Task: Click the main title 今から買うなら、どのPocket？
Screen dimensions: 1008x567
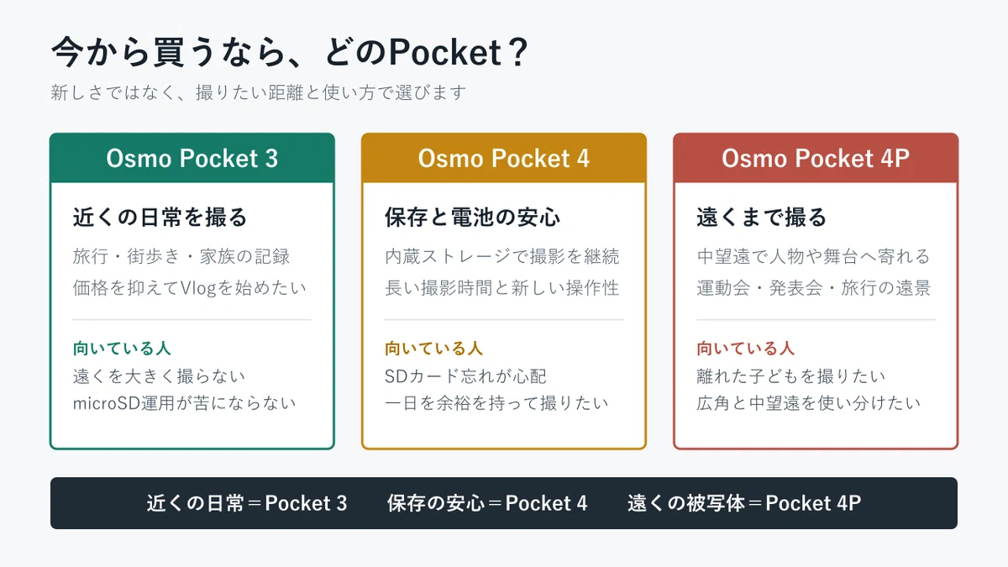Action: click(x=289, y=52)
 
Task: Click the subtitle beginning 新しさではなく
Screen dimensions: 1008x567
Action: click(x=259, y=92)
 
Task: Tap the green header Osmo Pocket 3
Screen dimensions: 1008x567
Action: click(x=192, y=159)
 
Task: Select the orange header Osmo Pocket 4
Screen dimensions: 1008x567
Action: click(x=503, y=159)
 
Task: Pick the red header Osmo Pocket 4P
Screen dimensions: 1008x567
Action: click(x=816, y=159)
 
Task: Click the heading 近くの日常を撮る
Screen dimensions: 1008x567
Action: click(x=160, y=217)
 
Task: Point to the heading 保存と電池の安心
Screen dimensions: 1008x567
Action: click(x=472, y=217)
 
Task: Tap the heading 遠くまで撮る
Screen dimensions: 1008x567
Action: click(x=761, y=217)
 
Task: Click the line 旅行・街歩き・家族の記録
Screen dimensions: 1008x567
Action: click(x=181, y=256)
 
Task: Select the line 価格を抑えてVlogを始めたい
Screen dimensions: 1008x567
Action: click(x=190, y=288)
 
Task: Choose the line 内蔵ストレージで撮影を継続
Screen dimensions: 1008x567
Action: click(x=501, y=256)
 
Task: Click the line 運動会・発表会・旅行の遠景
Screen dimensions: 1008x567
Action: click(x=814, y=288)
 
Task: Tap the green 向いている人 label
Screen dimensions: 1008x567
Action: click(x=122, y=349)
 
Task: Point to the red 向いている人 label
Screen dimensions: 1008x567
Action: click(x=745, y=349)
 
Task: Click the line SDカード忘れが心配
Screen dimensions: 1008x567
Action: click(x=465, y=376)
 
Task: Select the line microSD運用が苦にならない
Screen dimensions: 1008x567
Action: click(x=184, y=403)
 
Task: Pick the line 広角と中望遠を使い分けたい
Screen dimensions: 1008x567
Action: click(x=809, y=403)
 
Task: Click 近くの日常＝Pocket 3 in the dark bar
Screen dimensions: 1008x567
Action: click(x=247, y=503)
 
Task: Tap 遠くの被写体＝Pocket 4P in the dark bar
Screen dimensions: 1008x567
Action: click(x=744, y=503)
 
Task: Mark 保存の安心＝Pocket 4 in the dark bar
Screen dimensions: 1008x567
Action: click(x=487, y=503)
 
